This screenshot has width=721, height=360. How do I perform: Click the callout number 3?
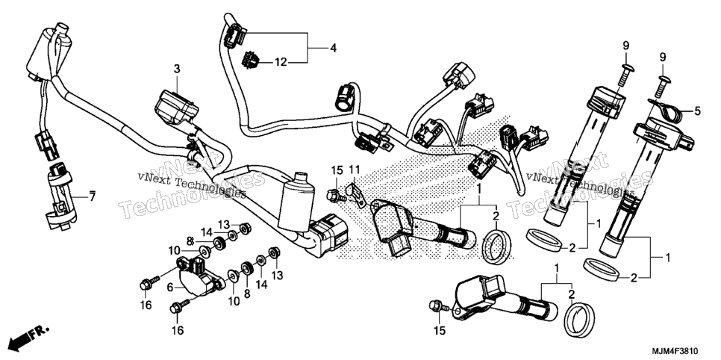click(177, 69)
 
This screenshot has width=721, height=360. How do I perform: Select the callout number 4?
click(333, 47)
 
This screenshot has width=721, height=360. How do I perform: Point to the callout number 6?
click(170, 288)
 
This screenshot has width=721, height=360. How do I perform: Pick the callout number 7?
click(92, 197)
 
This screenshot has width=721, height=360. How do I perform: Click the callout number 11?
click(354, 170)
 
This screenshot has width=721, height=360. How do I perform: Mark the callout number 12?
click(281, 62)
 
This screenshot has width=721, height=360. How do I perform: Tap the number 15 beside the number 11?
click(337, 170)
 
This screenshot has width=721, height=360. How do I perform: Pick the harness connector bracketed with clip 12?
click(234, 37)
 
